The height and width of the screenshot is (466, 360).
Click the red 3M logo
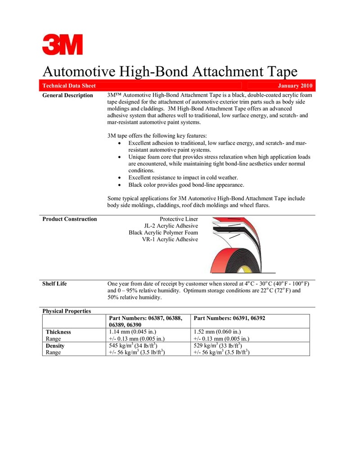[x=63, y=45]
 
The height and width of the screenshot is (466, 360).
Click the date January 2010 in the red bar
[x=295, y=86]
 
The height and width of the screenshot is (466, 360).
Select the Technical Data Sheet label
[x=69, y=86]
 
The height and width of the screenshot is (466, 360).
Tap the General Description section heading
[x=67, y=95]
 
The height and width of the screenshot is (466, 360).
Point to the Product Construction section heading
[x=69, y=219]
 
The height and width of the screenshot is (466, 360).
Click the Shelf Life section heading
[x=54, y=284]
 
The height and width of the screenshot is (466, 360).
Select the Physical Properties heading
[x=67, y=311]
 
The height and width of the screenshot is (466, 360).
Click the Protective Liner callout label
[x=179, y=219]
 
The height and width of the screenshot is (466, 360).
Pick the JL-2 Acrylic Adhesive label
[x=171, y=226]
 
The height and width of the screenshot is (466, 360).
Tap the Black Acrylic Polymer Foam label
[x=163, y=233]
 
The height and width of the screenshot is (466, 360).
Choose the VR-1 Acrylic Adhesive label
[x=170, y=240]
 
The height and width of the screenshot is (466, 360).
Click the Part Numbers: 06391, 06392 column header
[x=229, y=318]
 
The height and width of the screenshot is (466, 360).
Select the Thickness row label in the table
[x=58, y=332]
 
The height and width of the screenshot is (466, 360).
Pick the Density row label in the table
[x=55, y=346]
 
